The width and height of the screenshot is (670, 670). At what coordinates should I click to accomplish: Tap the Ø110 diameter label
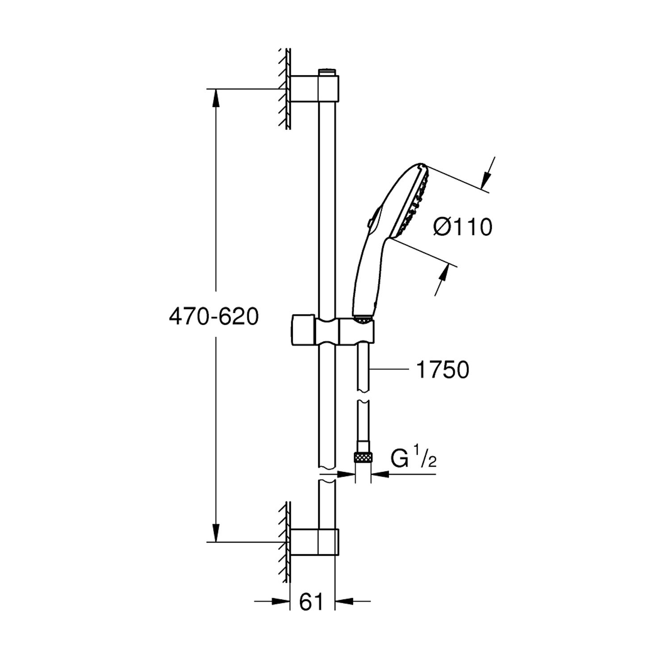click(x=462, y=227)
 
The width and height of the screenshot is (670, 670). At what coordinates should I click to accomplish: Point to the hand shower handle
click(x=364, y=277)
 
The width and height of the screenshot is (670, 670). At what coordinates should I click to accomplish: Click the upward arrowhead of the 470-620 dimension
click(x=216, y=98)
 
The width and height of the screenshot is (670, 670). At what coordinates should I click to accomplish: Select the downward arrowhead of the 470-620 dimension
click(x=216, y=533)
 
